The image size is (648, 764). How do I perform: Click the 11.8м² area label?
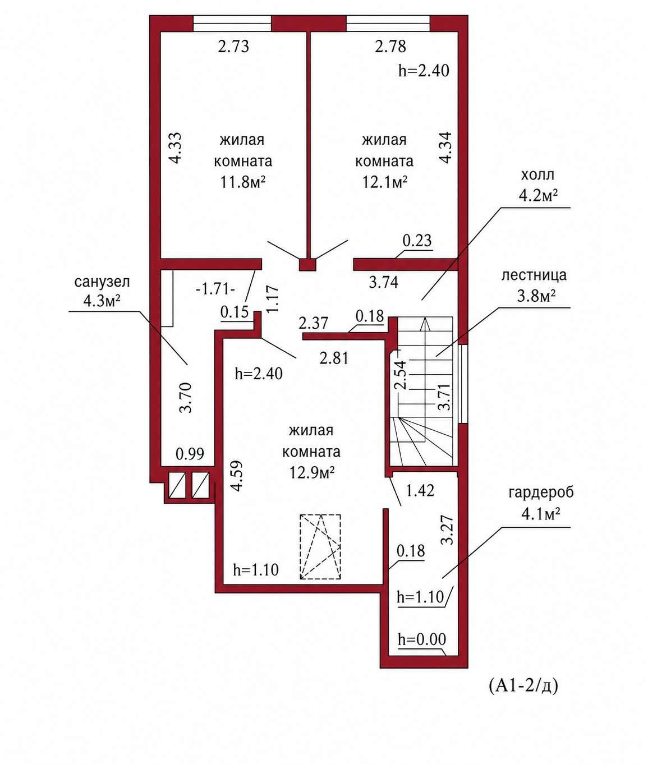tap(243, 182)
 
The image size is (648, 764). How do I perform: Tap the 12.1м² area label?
tap(384, 182)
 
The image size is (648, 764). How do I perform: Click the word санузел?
tap(102, 282)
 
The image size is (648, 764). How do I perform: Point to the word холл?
tap(537, 174)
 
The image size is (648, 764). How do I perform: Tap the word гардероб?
tap(541, 493)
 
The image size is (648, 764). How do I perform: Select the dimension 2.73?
tap(233, 47)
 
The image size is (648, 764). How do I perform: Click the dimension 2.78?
tap(390, 47)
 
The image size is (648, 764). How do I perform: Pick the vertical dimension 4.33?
tap(175, 148)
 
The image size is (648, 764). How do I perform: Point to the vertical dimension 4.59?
tap(237, 476)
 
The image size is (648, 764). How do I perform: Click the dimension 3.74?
tap(383, 282)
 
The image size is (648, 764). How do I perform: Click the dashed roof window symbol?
tap(320, 547)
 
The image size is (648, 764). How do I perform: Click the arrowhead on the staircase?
tap(426, 323)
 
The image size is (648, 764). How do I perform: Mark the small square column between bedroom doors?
tap(307, 265)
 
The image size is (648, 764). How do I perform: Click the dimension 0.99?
tap(190, 454)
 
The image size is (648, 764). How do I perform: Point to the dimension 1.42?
tap(420, 491)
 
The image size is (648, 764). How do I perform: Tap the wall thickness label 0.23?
tap(417, 240)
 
